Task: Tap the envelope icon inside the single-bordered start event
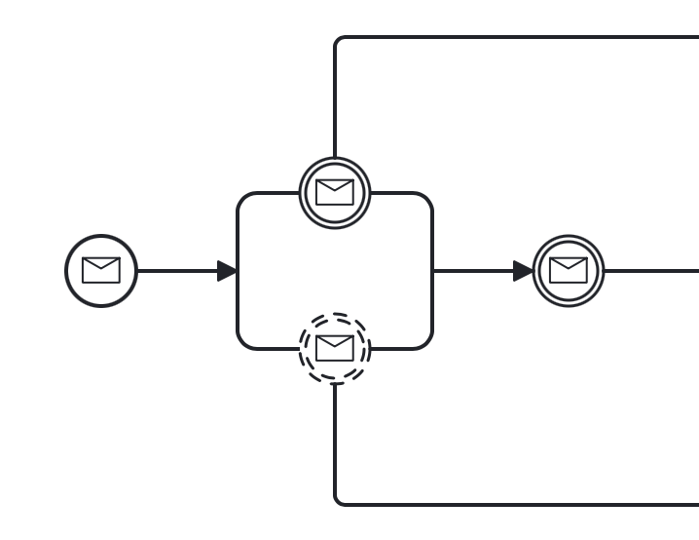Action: pos(101,270)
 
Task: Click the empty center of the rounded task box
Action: pos(335,271)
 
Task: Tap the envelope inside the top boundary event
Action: pos(335,192)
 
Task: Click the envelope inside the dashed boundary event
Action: pos(335,348)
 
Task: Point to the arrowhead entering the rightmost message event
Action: pos(524,271)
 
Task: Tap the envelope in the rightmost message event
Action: pos(569,270)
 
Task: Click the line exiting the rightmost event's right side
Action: pos(652,271)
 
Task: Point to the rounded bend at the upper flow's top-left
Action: pos(338,40)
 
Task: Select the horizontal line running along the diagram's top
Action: pos(516,37)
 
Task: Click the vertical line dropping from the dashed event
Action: pos(335,439)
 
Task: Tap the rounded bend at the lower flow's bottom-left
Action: pos(338,502)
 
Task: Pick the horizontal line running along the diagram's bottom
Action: pos(516,505)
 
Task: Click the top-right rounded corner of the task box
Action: pos(427,198)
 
